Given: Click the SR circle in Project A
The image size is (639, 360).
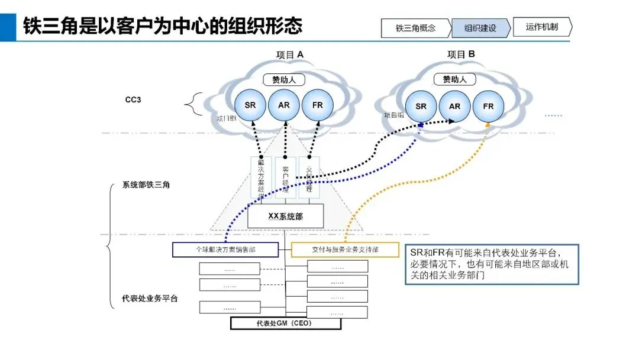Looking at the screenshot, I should (x=250, y=105).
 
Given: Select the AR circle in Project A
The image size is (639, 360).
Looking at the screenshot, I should (x=284, y=105).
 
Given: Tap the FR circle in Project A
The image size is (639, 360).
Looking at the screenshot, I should (x=318, y=105).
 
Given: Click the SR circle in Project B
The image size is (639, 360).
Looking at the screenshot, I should (x=421, y=107).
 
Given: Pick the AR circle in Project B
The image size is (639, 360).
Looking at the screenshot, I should (x=454, y=107).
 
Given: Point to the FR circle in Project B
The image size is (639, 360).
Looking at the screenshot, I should (x=488, y=107).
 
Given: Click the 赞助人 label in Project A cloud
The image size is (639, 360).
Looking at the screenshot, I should (x=284, y=79).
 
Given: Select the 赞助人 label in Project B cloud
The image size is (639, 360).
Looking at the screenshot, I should (x=454, y=79).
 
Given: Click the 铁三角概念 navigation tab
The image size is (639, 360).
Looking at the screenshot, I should (x=416, y=28).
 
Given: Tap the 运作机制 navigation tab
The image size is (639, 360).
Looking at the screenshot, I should (x=541, y=27).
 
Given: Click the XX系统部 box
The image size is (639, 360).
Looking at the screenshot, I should (x=285, y=217).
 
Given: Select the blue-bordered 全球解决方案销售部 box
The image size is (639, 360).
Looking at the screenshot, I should (x=226, y=250).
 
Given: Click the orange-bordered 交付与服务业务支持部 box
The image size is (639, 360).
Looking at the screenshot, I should (x=346, y=250).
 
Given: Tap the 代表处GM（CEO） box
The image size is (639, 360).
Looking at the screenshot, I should (x=285, y=324).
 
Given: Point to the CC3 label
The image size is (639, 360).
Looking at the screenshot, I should (x=133, y=100).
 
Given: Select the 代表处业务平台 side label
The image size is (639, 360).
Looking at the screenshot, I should (x=150, y=299).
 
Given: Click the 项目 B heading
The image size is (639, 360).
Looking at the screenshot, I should (x=461, y=54).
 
